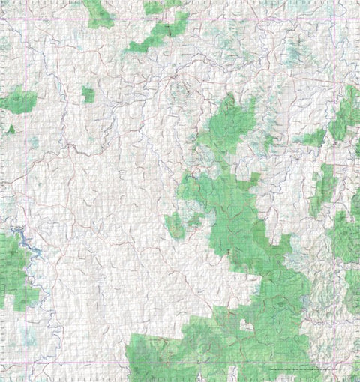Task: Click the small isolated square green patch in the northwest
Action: [x=88, y=95]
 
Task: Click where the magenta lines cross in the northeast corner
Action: [x=334, y=19]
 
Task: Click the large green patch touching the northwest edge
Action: [x=18, y=100]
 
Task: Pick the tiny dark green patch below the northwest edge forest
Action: [x=10, y=130]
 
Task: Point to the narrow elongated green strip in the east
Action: [x=324, y=187]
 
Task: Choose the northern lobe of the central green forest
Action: [x=225, y=124]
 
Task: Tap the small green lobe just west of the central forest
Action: [x=175, y=225]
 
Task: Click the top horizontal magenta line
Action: [x=180, y=19]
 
